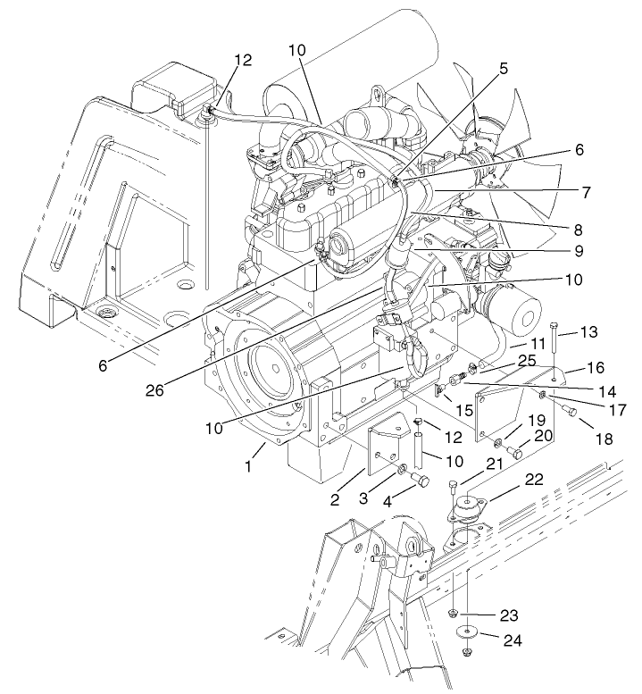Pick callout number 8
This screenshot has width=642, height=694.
pos(579,228)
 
